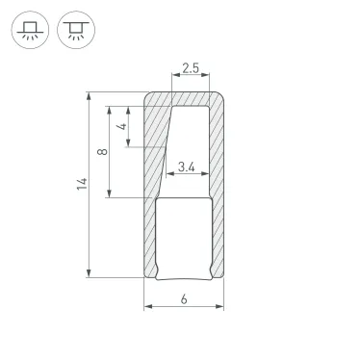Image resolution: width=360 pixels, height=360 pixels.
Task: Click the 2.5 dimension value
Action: point(189,69)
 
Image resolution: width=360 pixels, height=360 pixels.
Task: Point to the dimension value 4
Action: point(121,126)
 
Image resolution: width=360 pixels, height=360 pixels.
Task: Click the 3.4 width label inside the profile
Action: point(187,168)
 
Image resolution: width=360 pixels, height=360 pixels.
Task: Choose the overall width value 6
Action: point(184,299)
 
